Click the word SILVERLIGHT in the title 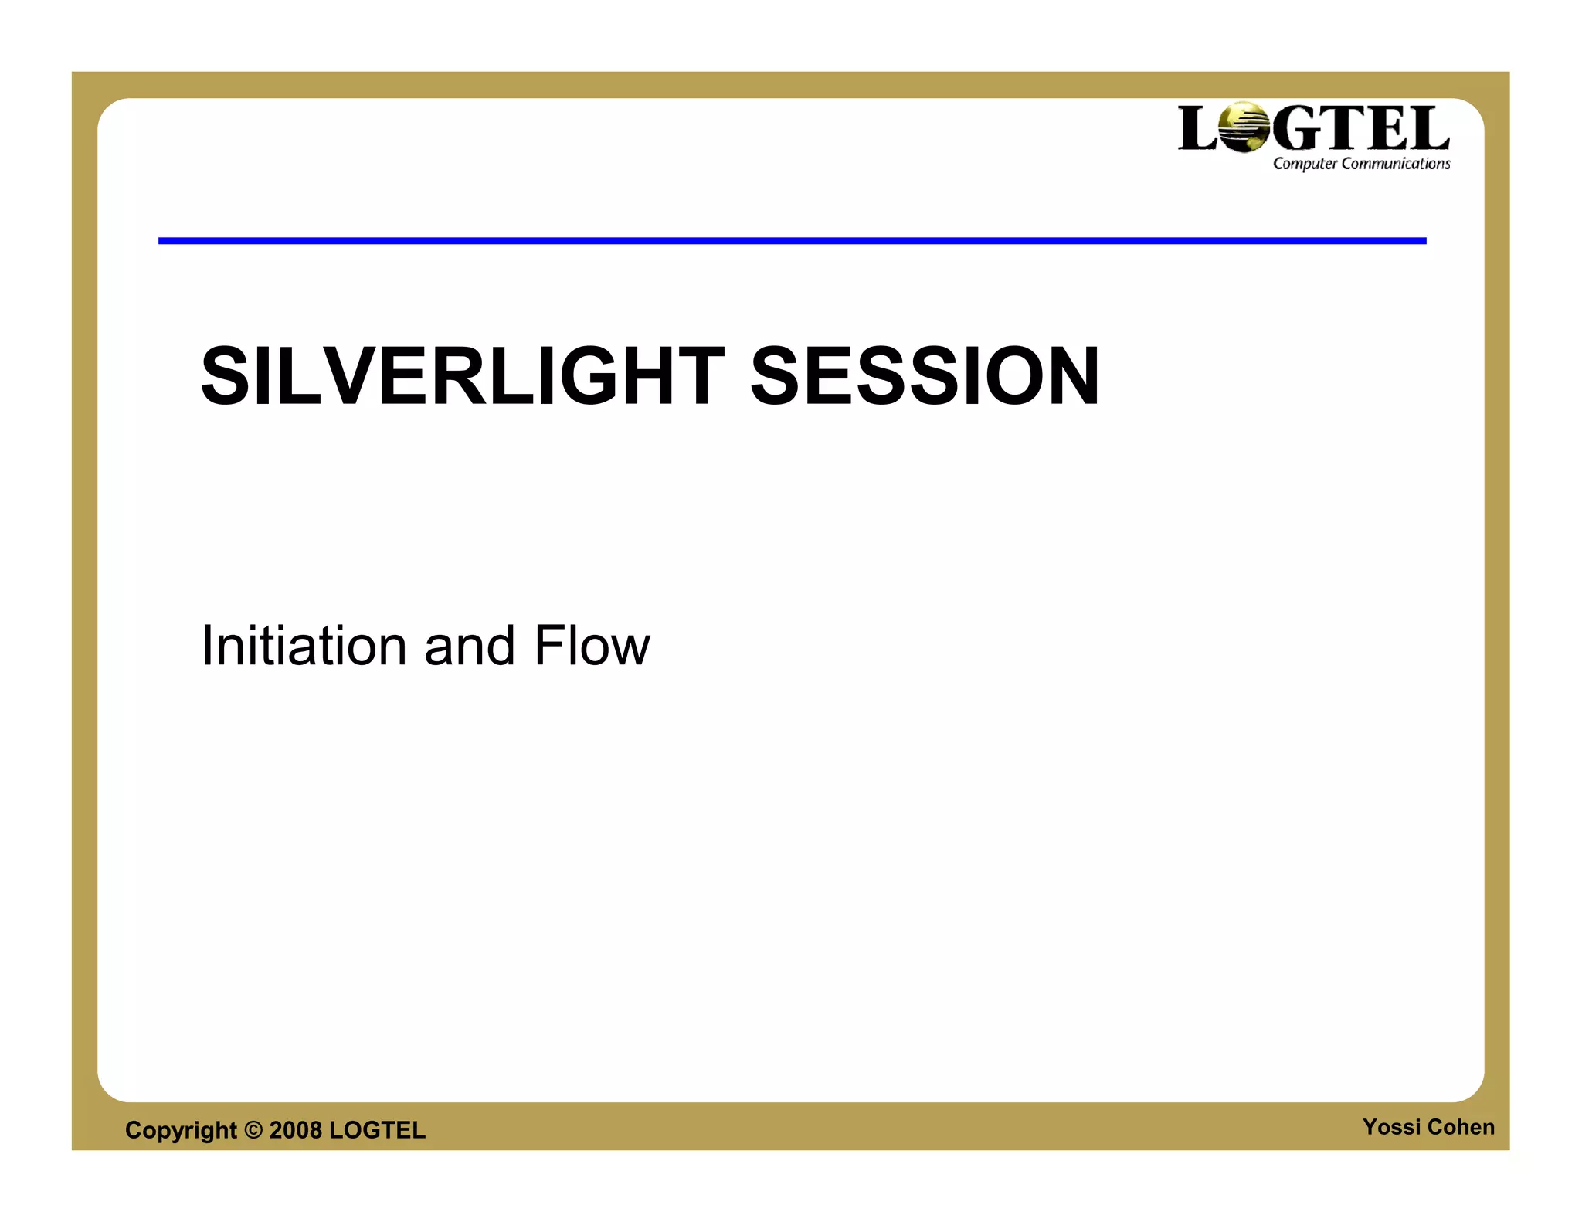(462, 376)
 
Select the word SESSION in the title (925, 376)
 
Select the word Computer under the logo (1305, 164)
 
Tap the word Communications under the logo (1396, 164)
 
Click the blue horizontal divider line (792, 241)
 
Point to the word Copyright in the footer (181, 1130)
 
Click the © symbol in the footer (253, 1130)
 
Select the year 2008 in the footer (295, 1130)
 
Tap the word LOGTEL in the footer (377, 1130)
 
